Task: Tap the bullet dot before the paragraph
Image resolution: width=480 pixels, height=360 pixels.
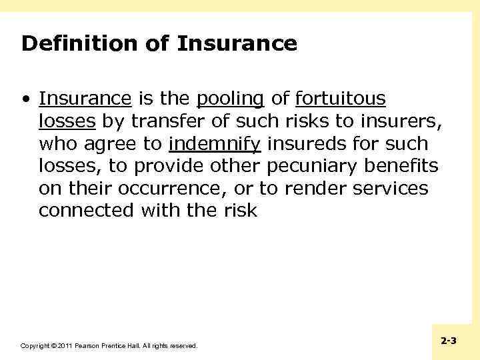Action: click(25, 99)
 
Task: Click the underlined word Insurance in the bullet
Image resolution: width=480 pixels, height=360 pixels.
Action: click(85, 99)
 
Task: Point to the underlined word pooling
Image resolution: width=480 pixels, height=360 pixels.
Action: click(230, 99)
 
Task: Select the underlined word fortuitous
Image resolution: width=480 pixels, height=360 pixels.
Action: click(340, 99)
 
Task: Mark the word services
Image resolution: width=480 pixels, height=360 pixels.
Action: click(389, 189)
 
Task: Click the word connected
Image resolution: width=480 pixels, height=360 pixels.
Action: click(86, 211)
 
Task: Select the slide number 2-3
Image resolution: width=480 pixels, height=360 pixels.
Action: click(449, 341)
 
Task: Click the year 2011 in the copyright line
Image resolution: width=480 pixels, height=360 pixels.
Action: click(65, 346)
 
